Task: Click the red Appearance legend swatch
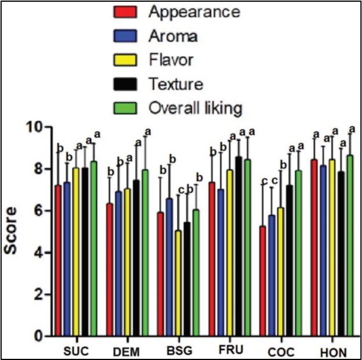(126, 12)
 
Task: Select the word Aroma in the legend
(173, 36)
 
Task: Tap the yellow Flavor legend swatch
(126, 60)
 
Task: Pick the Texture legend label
(175, 84)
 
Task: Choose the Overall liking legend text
(195, 108)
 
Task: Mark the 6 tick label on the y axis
(38, 211)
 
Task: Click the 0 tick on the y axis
(38, 336)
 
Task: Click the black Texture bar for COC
(289, 261)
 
